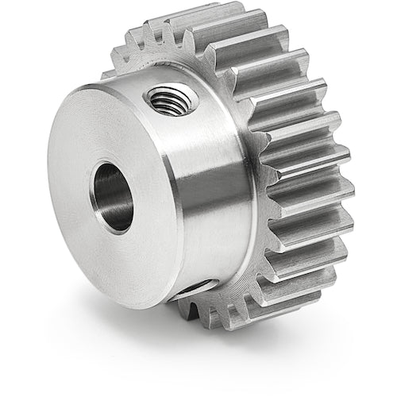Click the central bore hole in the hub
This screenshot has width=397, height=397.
(x=113, y=195)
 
